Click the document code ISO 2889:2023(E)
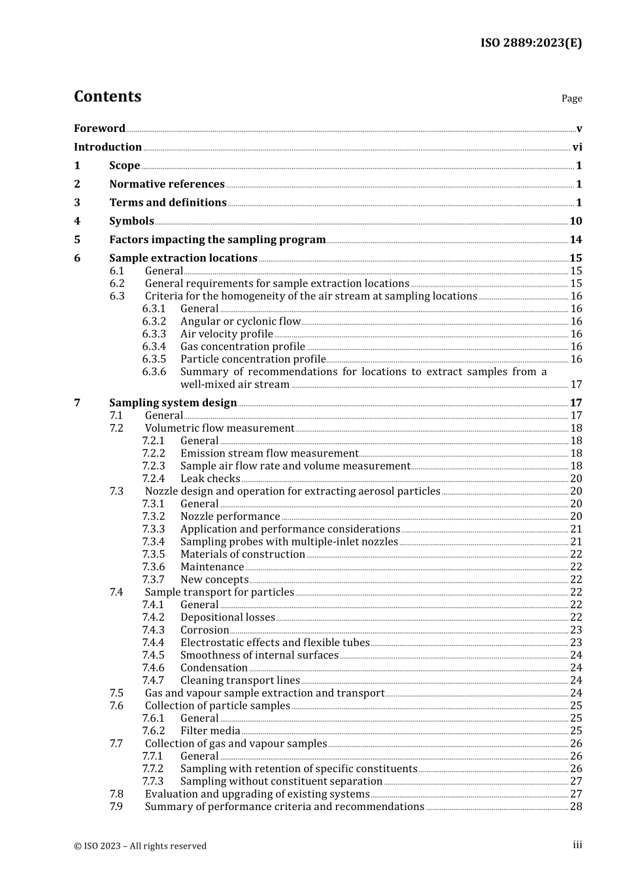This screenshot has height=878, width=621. (531, 43)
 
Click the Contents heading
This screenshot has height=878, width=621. (107, 97)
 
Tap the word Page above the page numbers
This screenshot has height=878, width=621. (571, 99)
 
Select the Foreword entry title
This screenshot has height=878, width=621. (99, 129)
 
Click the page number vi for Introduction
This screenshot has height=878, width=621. (577, 148)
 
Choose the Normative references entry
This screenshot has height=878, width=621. (167, 184)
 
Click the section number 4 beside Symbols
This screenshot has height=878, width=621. (77, 221)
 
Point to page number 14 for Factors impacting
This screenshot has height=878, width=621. (576, 240)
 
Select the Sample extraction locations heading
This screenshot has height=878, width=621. (183, 258)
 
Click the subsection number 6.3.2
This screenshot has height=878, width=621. (154, 321)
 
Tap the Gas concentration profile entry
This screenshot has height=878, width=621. (243, 347)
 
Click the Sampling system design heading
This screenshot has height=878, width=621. (173, 403)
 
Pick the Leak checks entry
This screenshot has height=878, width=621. (210, 479)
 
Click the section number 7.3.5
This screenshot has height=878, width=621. (154, 555)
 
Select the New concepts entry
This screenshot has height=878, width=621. (214, 579)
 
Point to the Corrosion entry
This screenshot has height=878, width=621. (205, 630)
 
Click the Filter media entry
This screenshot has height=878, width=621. (210, 731)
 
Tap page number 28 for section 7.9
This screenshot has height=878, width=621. (576, 807)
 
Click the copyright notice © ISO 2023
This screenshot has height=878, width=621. (140, 846)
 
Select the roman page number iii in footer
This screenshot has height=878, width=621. (577, 845)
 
